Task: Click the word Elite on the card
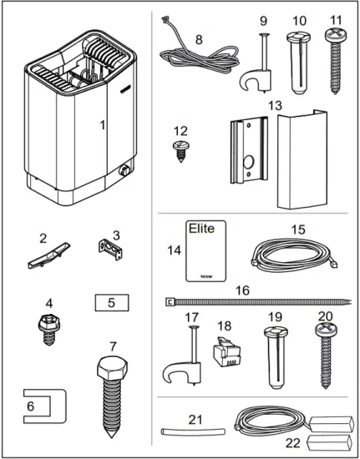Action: click(x=201, y=228)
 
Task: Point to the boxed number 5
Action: click(x=111, y=300)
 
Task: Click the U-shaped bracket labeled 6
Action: click(x=38, y=408)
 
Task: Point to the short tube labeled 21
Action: click(x=192, y=431)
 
